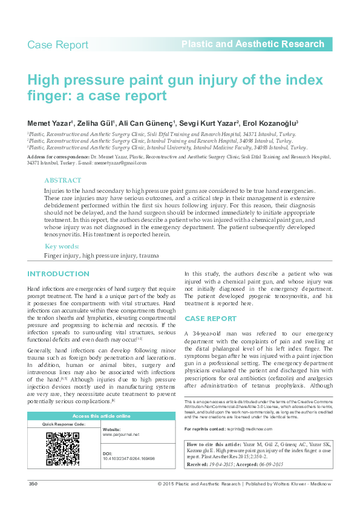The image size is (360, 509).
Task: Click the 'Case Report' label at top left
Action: click(58, 45)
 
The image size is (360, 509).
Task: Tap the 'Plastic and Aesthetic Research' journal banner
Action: click(253, 44)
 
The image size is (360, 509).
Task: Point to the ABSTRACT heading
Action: click(63, 180)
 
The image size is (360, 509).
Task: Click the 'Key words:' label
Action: click(62, 247)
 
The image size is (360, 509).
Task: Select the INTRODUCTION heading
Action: click(58, 274)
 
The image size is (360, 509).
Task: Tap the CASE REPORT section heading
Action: click(210, 318)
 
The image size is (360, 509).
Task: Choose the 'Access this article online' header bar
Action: click(101, 417)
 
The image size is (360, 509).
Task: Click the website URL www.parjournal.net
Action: click(121, 435)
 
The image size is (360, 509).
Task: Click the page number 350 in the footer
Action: click(33, 484)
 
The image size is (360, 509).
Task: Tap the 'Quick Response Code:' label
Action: click(63, 424)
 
